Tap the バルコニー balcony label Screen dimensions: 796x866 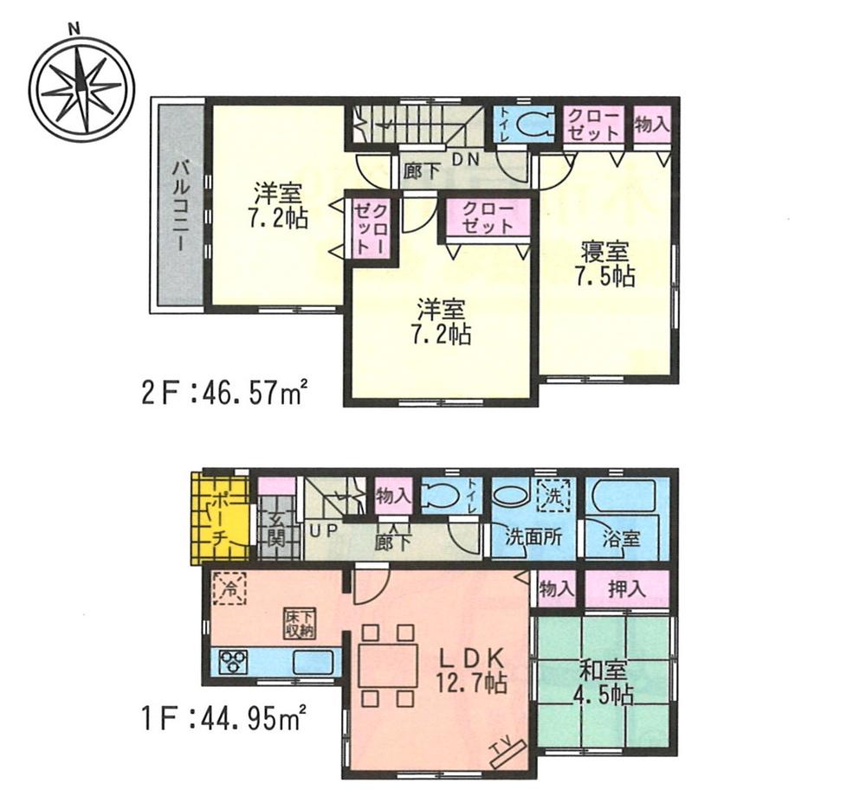click(180, 204)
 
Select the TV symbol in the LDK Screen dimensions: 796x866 click(501, 752)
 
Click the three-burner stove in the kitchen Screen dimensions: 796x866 click(232, 663)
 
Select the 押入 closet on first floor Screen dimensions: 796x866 click(626, 590)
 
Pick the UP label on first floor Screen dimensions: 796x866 click(320, 528)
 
